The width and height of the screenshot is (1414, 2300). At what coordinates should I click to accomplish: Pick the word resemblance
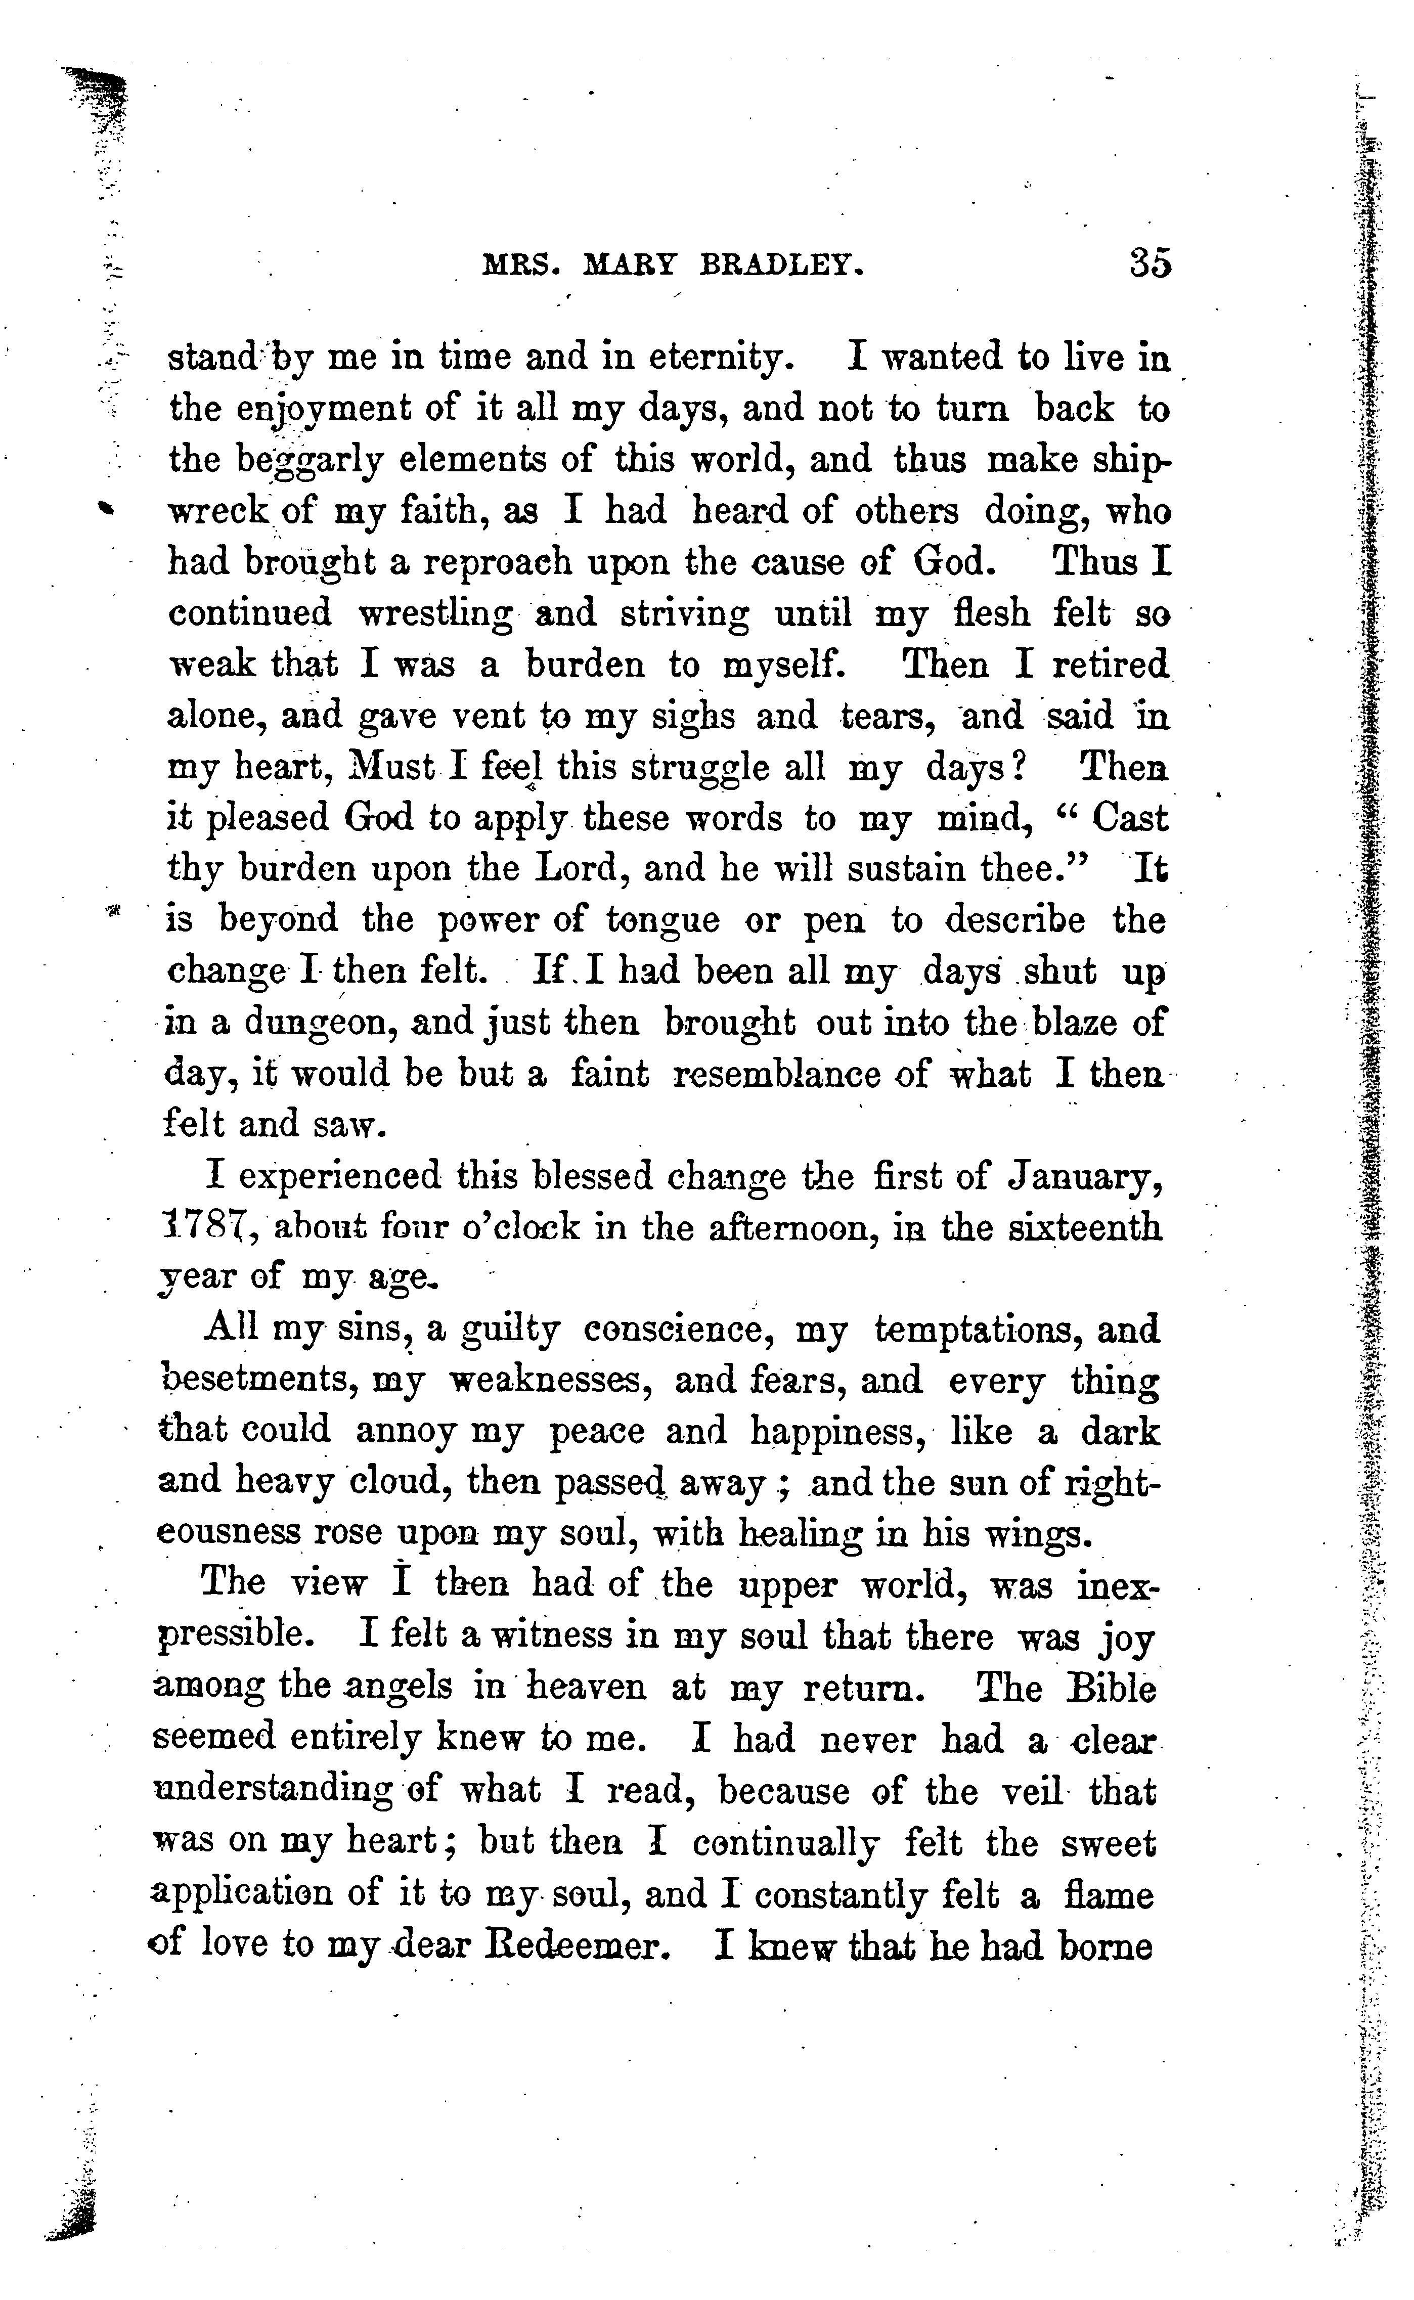pyautogui.click(x=778, y=1074)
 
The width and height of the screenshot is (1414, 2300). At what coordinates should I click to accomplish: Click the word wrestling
pyautogui.click(x=436, y=614)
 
